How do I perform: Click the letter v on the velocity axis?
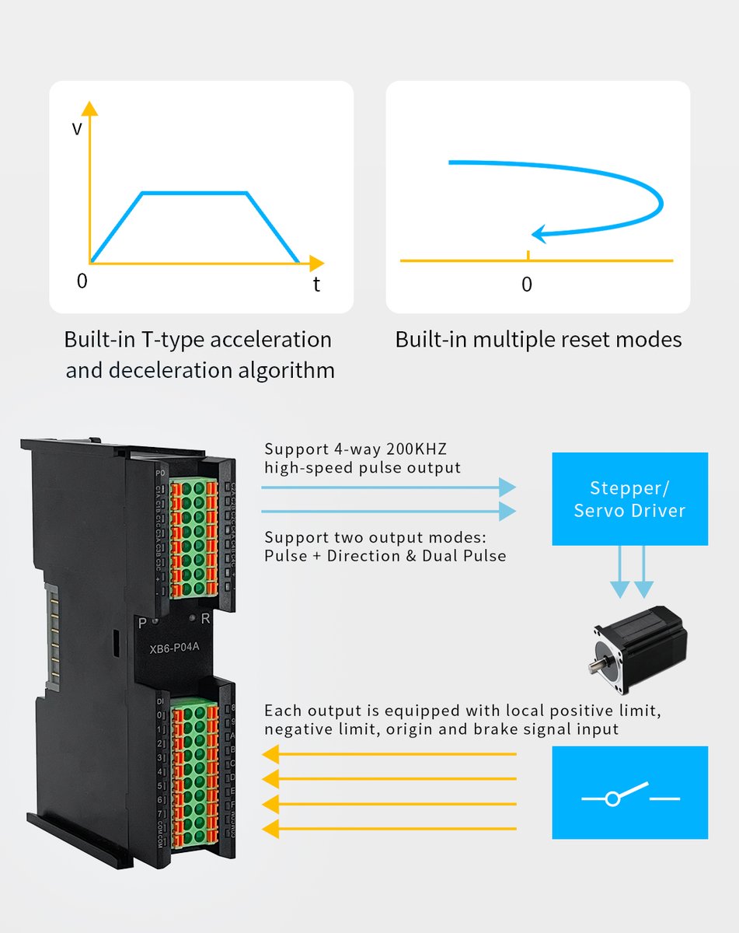(x=77, y=129)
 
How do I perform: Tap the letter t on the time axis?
(x=316, y=285)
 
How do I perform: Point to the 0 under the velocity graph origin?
(x=82, y=281)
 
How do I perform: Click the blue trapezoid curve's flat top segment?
(x=194, y=192)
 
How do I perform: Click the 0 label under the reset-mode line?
(x=527, y=285)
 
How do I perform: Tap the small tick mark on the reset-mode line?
(x=528, y=255)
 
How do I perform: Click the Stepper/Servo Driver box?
(x=629, y=499)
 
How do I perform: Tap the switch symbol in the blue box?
(x=629, y=795)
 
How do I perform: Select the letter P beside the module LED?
(x=142, y=622)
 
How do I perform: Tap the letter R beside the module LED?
(x=206, y=620)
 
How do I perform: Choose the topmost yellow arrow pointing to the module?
(x=389, y=754)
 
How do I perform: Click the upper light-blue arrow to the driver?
(x=389, y=487)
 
